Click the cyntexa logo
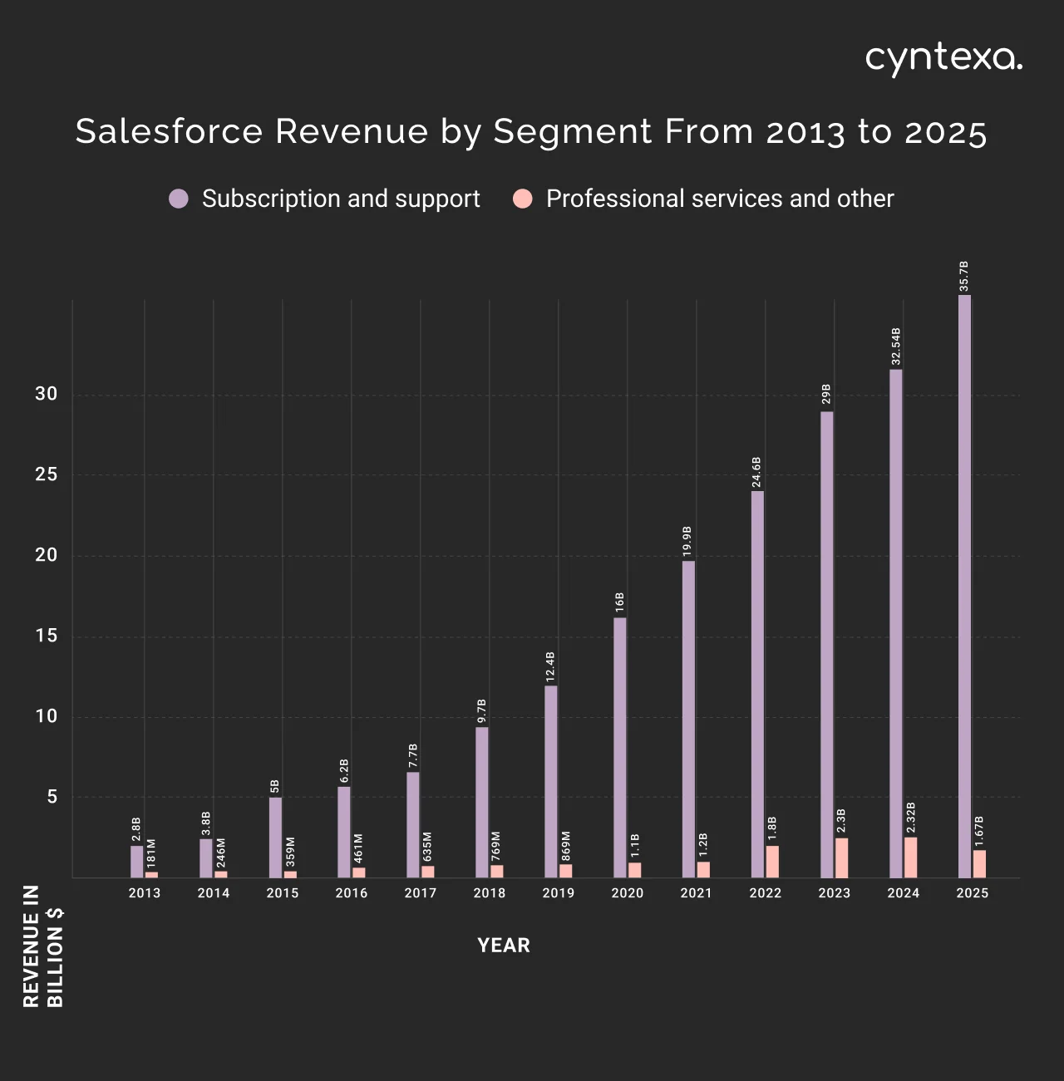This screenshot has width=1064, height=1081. [943, 59]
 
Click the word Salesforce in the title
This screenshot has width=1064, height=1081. [169, 131]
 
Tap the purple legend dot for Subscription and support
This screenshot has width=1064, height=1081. [179, 199]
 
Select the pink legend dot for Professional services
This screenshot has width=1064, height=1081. [523, 199]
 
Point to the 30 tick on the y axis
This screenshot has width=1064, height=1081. [47, 394]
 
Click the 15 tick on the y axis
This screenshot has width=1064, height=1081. [47, 636]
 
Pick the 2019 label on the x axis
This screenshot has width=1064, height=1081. [558, 893]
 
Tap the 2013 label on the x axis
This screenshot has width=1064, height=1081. [145, 893]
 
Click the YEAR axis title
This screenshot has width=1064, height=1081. [504, 946]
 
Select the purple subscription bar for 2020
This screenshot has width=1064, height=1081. [620, 748]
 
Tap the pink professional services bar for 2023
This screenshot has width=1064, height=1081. [842, 857]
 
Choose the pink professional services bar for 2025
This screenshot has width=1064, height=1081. [980, 864]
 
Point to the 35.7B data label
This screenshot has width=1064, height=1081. [964, 276]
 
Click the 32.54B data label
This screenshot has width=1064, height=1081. [896, 346]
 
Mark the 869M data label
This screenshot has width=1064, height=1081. [566, 845]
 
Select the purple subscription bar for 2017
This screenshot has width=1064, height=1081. [413, 824]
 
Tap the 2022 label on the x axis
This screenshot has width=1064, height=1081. [765, 893]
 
